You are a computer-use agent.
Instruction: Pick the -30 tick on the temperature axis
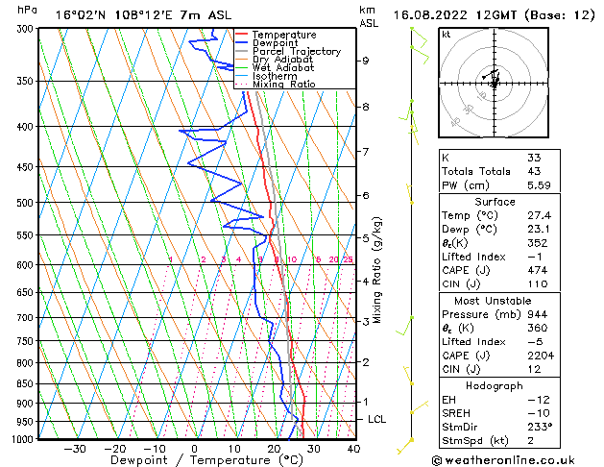(x=75, y=448)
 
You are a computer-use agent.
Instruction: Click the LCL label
(x=377, y=419)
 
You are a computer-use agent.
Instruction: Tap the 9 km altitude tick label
(x=366, y=61)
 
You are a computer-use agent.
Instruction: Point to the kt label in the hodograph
(x=446, y=34)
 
